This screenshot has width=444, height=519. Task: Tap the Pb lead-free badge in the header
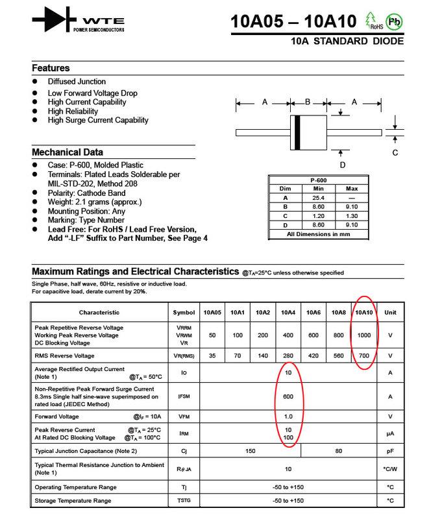[x=394, y=20]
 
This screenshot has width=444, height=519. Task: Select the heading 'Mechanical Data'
[x=68, y=152]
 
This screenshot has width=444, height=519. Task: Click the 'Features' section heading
[x=51, y=68]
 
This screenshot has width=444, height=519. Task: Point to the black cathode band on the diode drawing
[x=297, y=132]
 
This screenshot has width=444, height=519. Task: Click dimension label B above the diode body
[x=308, y=102]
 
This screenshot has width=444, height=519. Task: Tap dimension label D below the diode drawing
[x=342, y=165]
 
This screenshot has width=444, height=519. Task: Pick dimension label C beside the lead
[x=395, y=153]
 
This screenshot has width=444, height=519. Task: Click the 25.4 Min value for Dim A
[x=318, y=198]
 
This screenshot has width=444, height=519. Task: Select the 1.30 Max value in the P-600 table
[x=352, y=216]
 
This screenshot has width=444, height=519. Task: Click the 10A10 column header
[x=364, y=313]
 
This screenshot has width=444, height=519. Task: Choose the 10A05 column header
[x=212, y=313]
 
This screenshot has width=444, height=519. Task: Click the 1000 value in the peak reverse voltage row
[x=364, y=335]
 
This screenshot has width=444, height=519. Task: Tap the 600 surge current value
[x=288, y=396]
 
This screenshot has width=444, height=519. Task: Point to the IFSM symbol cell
[x=184, y=396]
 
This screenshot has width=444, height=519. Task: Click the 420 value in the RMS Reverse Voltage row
[x=314, y=356]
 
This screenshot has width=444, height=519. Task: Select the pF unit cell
[x=390, y=451]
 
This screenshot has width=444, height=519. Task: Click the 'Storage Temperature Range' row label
[x=73, y=501]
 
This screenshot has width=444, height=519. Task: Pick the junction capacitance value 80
[x=339, y=451]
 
